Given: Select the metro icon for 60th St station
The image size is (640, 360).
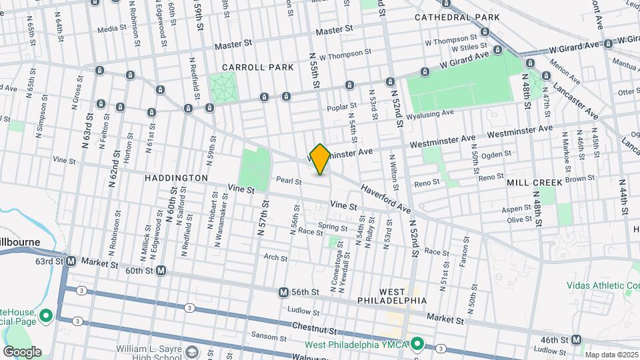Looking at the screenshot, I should coord(161,271).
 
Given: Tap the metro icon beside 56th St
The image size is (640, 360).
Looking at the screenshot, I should coord(284,292).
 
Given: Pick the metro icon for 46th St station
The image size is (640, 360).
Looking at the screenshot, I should coord(578,339).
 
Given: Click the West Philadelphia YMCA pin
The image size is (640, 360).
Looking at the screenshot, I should coord(417,344).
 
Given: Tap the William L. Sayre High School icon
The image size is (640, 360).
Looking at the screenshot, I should coord(192,351).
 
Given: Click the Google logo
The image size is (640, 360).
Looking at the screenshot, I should coord(23,351).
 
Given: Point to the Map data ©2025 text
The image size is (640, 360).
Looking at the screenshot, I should coord(610,355).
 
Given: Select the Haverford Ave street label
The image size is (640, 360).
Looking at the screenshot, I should coord(386,199).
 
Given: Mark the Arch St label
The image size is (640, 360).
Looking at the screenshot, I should coord(275,257).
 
